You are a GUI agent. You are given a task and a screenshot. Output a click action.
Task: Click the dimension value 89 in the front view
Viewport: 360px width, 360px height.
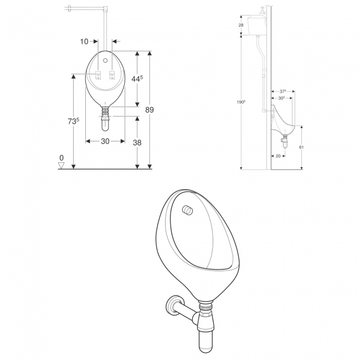tap(149, 110)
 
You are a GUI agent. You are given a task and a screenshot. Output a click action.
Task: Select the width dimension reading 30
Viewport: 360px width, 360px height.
tap(105, 141)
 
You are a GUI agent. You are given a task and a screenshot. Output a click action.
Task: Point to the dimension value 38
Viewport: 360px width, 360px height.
tap(137, 142)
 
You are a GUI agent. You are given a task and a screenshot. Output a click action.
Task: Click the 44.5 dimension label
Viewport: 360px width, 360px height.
tap(137, 79)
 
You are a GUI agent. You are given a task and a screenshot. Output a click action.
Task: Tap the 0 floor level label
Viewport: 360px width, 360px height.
tap(62, 157)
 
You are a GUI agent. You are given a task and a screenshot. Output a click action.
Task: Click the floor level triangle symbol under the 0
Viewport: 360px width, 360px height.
tap(62, 164)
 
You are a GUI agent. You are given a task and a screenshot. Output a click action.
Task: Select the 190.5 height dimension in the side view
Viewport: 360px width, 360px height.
tap(240, 102)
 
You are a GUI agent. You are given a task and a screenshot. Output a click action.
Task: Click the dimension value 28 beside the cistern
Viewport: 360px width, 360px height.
tap(241, 25)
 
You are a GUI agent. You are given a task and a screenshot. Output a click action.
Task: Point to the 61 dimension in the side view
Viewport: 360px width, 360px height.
tap(301, 147)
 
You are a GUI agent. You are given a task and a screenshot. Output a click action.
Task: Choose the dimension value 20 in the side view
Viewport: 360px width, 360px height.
tap(278, 156)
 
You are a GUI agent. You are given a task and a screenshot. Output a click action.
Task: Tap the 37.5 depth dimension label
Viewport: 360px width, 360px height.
tap(283, 91)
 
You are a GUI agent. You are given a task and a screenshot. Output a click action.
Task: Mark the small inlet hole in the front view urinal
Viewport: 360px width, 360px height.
tap(105, 59)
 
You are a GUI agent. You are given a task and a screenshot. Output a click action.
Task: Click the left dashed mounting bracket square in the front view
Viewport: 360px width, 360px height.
tap(97, 76)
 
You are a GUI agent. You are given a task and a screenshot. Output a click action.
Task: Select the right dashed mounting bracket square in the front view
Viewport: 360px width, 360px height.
tap(113, 76)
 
